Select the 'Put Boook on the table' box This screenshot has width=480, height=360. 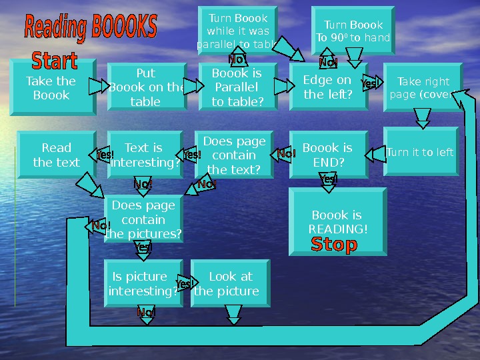[145, 87]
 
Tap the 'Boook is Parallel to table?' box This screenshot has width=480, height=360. [237, 87]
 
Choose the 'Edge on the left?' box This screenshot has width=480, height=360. [328, 87]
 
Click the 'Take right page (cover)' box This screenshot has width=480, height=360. [423, 87]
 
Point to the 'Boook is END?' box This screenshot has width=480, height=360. [328, 155]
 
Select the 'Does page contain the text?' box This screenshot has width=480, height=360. [234, 155]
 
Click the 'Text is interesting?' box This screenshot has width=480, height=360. [144, 155]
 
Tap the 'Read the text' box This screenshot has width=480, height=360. [57, 155]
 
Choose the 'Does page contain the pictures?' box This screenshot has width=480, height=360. [143, 219]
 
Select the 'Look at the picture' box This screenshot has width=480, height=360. [231, 284]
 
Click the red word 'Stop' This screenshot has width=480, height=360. [334, 245]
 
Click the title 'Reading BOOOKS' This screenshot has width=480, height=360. [91, 28]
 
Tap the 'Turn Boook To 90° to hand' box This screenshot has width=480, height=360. [353, 31]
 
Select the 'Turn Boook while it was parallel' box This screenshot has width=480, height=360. [238, 31]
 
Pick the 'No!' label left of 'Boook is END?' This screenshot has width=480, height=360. [287, 155]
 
